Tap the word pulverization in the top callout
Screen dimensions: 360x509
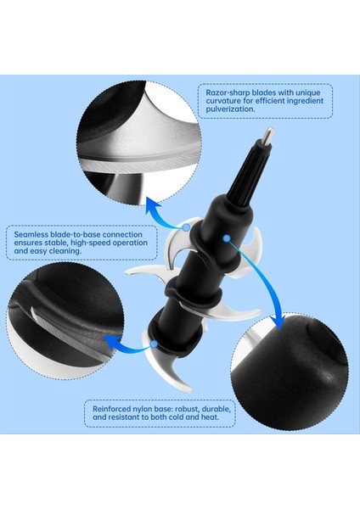230,109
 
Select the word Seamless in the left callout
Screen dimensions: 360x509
31,234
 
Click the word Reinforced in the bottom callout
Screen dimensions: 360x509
111,409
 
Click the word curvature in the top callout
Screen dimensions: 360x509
223,101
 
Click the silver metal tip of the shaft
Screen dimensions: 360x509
268,134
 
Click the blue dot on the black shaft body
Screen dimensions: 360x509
227,238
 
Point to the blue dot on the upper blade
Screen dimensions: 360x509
186,227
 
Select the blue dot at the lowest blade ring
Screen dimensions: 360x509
154,344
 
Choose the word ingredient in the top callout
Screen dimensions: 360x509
303,101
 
